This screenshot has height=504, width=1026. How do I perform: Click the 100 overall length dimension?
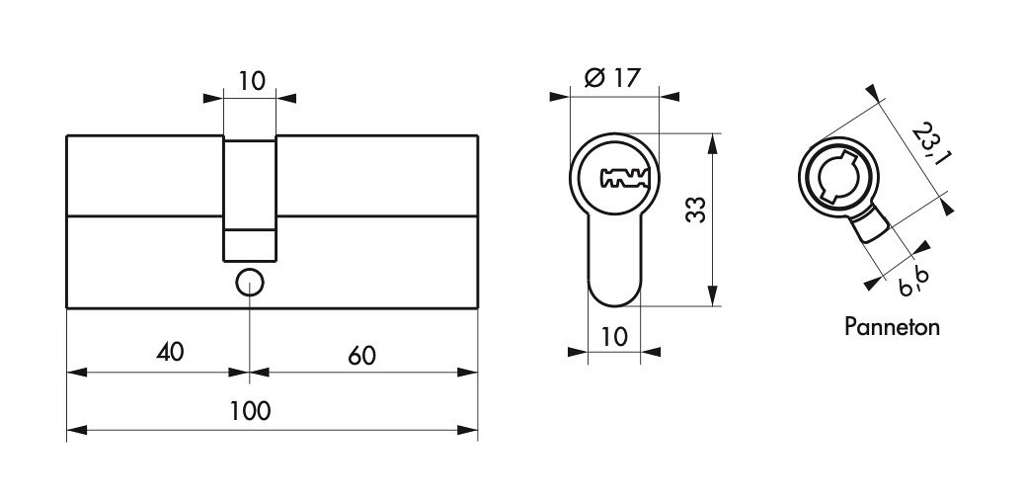pyautogui.click(x=250, y=412)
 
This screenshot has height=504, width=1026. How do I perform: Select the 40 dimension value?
pyautogui.click(x=170, y=352)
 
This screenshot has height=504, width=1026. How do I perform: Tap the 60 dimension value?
pyautogui.click(x=361, y=356)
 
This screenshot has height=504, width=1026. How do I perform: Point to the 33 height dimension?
pyautogui.click(x=696, y=209)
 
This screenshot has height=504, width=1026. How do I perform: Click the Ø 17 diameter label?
pyautogui.click(x=610, y=78)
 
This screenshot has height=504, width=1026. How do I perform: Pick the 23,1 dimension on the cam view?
pyautogui.click(x=930, y=144)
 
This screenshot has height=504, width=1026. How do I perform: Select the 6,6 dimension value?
pyautogui.click(x=913, y=282)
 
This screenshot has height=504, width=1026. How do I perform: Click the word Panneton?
pyautogui.click(x=892, y=327)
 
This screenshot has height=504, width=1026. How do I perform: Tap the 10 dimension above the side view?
pyautogui.click(x=251, y=81)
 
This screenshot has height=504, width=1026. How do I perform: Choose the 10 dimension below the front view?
pyautogui.click(x=613, y=336)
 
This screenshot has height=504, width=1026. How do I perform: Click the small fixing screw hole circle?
pyautogui.click(x=249, y=283)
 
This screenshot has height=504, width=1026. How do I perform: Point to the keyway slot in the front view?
pyautogui.click(x=624, y=177)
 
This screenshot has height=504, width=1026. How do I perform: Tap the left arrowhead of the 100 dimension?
pyautogui.click(x=77, y=430)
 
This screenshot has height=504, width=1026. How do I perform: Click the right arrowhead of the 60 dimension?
pyautogui.click(x=467, y=373)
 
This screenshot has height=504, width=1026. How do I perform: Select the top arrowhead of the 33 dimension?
pyautogui.click(x=713, y=143)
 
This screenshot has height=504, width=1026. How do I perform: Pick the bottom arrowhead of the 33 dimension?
pyautogui.click(x=713, y=295)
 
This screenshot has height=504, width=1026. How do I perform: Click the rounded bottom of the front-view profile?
pyautogui.click(x=614, y=295)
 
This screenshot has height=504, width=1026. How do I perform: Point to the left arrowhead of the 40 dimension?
pyautogui.click(x=77, y=373)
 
